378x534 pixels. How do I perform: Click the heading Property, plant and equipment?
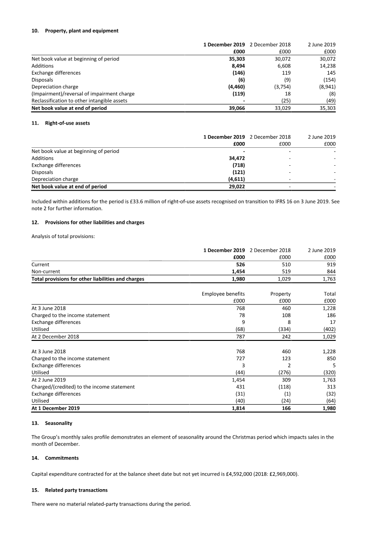pyautogui.click(x=81, y=31)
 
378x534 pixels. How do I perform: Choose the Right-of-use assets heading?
pyautogui.click(x=67, y=123)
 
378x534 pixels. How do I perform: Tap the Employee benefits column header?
pyautogui.click(x=223, y=294)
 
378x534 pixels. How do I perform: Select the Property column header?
pyautogui.click(x=280, y=294)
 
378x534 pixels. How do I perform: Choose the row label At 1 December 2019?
pyautogui.click(x=55, y=408)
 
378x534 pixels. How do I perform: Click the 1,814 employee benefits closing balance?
pyautogui.click(x=237, y=408)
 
